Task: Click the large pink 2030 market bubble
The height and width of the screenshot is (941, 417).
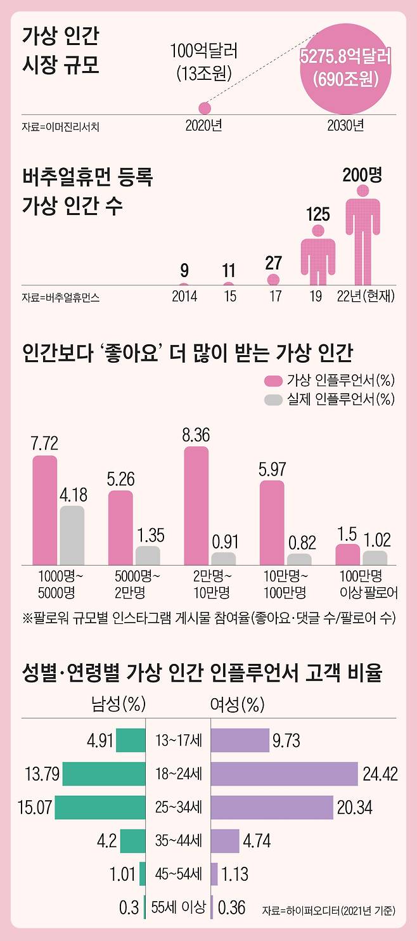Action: (345, 67)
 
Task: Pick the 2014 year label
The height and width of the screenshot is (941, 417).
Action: (184, 297)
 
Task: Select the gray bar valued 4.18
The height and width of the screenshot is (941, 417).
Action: (72, 535)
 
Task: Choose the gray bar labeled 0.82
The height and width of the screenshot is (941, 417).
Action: (299, 559)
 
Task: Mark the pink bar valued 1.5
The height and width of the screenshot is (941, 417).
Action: (347, 554)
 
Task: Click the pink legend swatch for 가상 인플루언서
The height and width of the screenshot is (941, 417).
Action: (273, 380)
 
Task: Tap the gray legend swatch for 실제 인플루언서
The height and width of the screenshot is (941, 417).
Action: (273, 399)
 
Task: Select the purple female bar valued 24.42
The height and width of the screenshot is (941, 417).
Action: (284, 774)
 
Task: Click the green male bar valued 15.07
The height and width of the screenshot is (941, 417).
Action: (100, 807)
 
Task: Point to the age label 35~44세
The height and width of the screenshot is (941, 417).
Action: (178, 841)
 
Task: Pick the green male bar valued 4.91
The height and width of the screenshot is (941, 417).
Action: (131, 740)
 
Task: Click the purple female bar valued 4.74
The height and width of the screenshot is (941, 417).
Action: (225, 841)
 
